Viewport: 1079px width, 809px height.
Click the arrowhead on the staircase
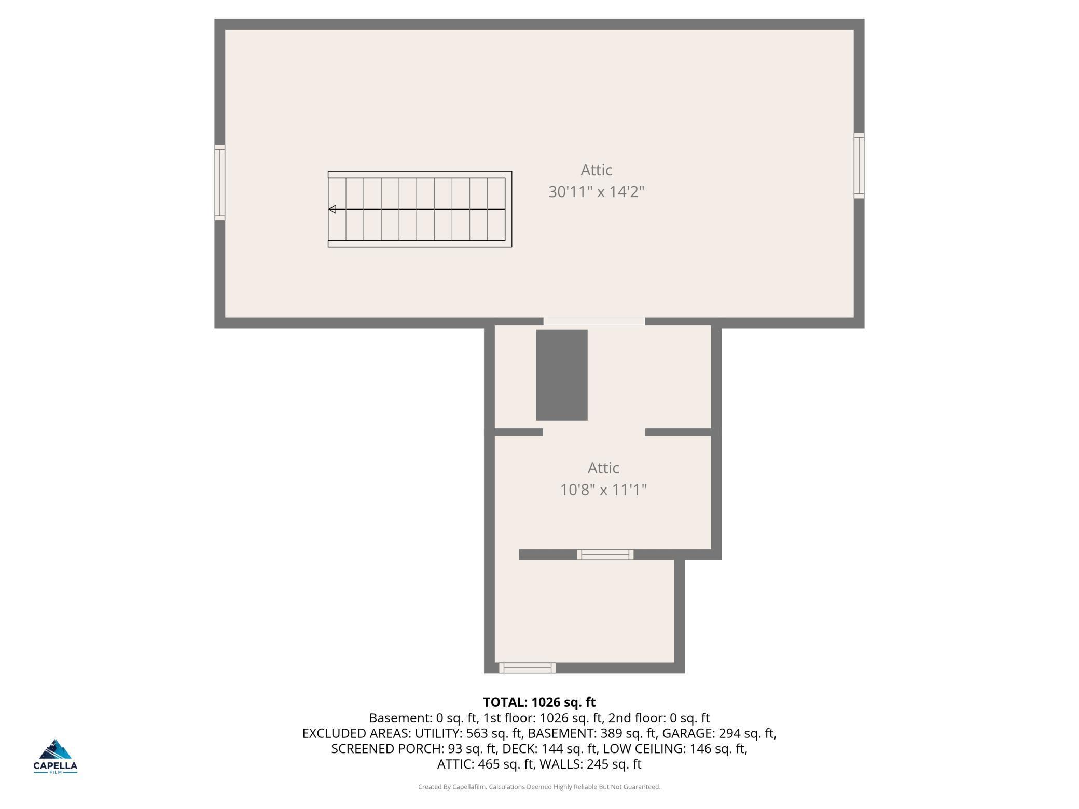[x=333, y=209]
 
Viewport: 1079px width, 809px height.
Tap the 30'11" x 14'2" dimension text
[x=596, y=192]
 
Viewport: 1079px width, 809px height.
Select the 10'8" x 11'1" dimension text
[x=603, y=490]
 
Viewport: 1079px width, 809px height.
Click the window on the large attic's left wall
[x=220, y=183]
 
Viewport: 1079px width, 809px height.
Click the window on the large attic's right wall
[x=859, y=165]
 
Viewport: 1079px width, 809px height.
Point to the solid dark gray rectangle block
[x=561, y=374]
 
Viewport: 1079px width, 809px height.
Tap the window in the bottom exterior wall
[x=527, y=668]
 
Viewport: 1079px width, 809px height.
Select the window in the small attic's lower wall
[x=605, y=554]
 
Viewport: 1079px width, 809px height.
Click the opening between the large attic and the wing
[x=594, y=322]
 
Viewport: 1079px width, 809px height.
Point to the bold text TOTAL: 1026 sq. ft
[x=539, y=702]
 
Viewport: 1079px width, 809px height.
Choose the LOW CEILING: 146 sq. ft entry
[x=674, y=749]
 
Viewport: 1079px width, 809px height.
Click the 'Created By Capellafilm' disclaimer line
[x=539, y=787]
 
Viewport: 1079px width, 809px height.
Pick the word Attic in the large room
[x=596, y=170]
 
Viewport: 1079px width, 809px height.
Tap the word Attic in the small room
[x=603, y=468]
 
